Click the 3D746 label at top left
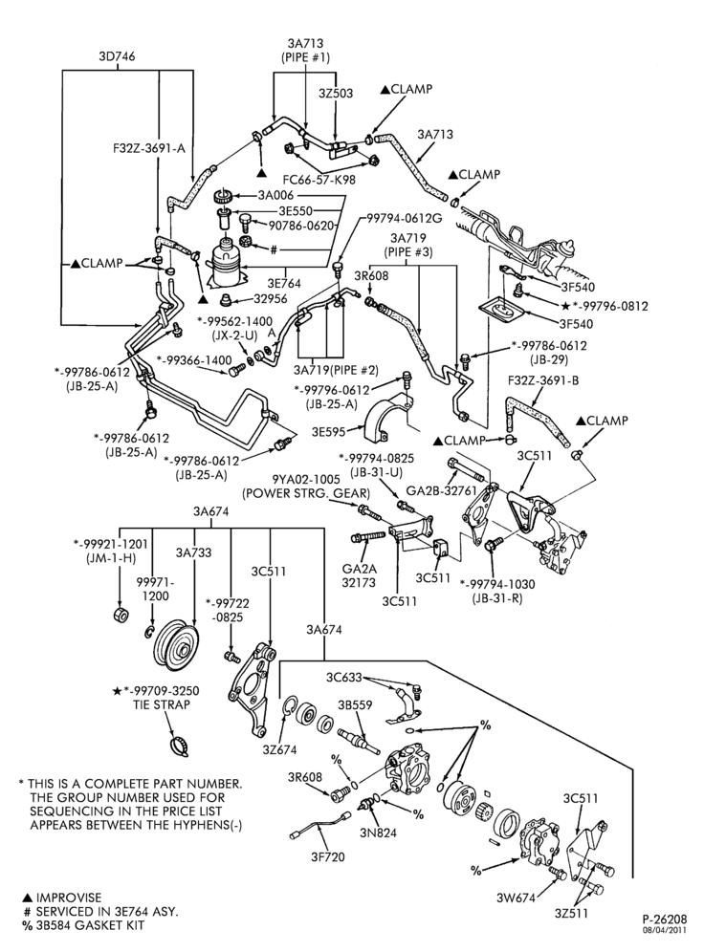[x=117, y=56]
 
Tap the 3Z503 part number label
[x=336, y=94]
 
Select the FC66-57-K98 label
[x=319, y=180]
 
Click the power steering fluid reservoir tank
[x=228, y=261]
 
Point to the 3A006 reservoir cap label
[x=275, y=195]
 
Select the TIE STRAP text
[x=162, y=704]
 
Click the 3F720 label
[x=327, y=856]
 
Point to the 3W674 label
[x=516, y=898]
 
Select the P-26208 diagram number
[x=665, y=919]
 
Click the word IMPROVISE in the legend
[x=69, y=898]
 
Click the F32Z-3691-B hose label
[x=543, y=380]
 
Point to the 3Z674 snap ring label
[x=279, y=749]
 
